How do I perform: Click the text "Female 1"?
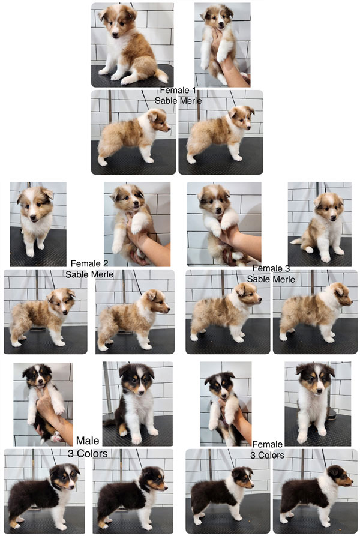pos(178,90)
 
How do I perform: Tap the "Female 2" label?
pos(89,263)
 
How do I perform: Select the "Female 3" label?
pos(271,268)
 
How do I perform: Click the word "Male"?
pos(88,441)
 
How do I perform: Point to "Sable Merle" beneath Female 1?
pos(178,100)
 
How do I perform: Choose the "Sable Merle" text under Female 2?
pos(89,274)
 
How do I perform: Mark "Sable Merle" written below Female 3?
pos(271,279)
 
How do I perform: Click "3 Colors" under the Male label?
pos(88,454)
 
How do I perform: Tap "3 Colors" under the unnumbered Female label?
pos(267,455)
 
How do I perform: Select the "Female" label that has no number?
pos(267,444)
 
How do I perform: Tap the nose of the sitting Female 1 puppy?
pos(115,35)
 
